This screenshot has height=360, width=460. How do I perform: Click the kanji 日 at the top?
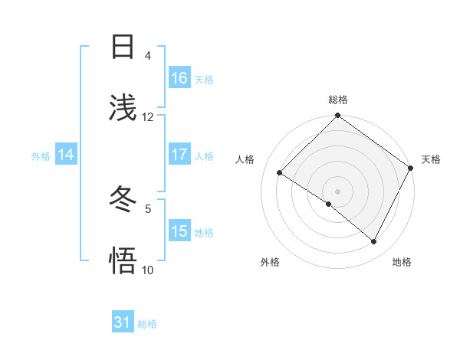[x=123, y=47]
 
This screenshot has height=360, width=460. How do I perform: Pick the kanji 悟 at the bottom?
[x=123, y=260]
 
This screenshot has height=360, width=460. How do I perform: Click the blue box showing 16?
[x=179, y=77]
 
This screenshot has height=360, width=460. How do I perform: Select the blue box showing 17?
[x=179, y=155]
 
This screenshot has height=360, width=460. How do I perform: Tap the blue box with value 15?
[x=179, y=231]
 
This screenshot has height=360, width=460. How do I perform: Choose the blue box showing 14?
[x=66, y=155]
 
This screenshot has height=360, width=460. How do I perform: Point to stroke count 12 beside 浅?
[x=148, y=117]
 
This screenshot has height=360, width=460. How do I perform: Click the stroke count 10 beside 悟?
[x=148, y=270]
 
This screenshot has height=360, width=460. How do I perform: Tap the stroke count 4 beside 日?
[x=148, y=56]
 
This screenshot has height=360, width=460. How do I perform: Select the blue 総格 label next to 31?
[x=147, y=324]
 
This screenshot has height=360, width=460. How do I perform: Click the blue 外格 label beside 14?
[x=41, y=156]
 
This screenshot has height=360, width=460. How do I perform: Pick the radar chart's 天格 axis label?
[x=431, y=159]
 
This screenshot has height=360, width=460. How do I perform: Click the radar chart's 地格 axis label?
[x=402, y=262]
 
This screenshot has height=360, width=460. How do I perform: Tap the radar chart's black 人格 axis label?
[x=245, y=159]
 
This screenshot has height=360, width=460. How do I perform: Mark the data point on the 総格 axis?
[x=337, y=116]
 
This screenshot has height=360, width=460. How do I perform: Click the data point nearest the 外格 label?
[x=329, y=204]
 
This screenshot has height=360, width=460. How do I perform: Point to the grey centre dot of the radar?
[x=337, y=191]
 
